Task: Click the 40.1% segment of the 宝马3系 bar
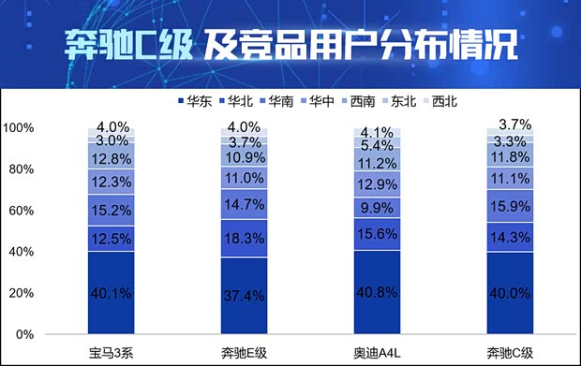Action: pyautogui.click(x=112, y=293)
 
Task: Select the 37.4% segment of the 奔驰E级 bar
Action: pyautogui.click(x=244, y=296)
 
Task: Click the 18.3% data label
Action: pyautogui.click(x=244, y=240)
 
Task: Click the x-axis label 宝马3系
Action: pyautogui.click(x=112, y=352)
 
